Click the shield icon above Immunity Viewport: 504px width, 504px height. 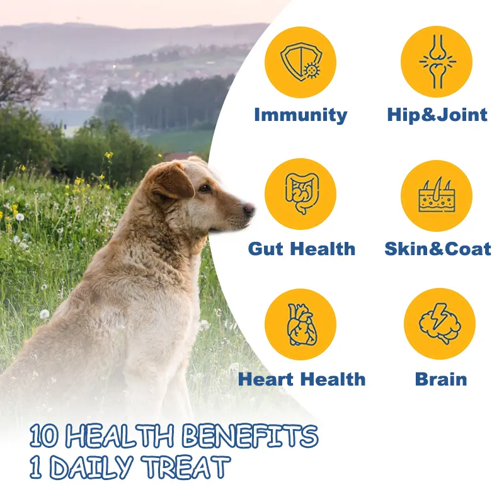tap(301, 62)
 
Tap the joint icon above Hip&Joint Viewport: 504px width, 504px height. tap(437, 61)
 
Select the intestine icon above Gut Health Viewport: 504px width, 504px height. tap(302, 193)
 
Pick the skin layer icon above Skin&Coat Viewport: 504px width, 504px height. tap(437, 195)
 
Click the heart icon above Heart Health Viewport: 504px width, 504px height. tap(302, 324)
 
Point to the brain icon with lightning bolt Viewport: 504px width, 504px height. tap(439, 323)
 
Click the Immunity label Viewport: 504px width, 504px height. tap(301, 115)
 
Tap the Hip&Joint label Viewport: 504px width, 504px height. tap(437, 115)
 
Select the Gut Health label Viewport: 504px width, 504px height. tap(302, 249)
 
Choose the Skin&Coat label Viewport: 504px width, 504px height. tap(438, 249)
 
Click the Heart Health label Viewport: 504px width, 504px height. tap(302, 379)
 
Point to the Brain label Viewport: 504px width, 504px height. tap(440, 379)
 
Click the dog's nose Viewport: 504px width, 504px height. tap(249, 209)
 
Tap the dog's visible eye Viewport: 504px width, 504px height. tap(204, 188)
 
